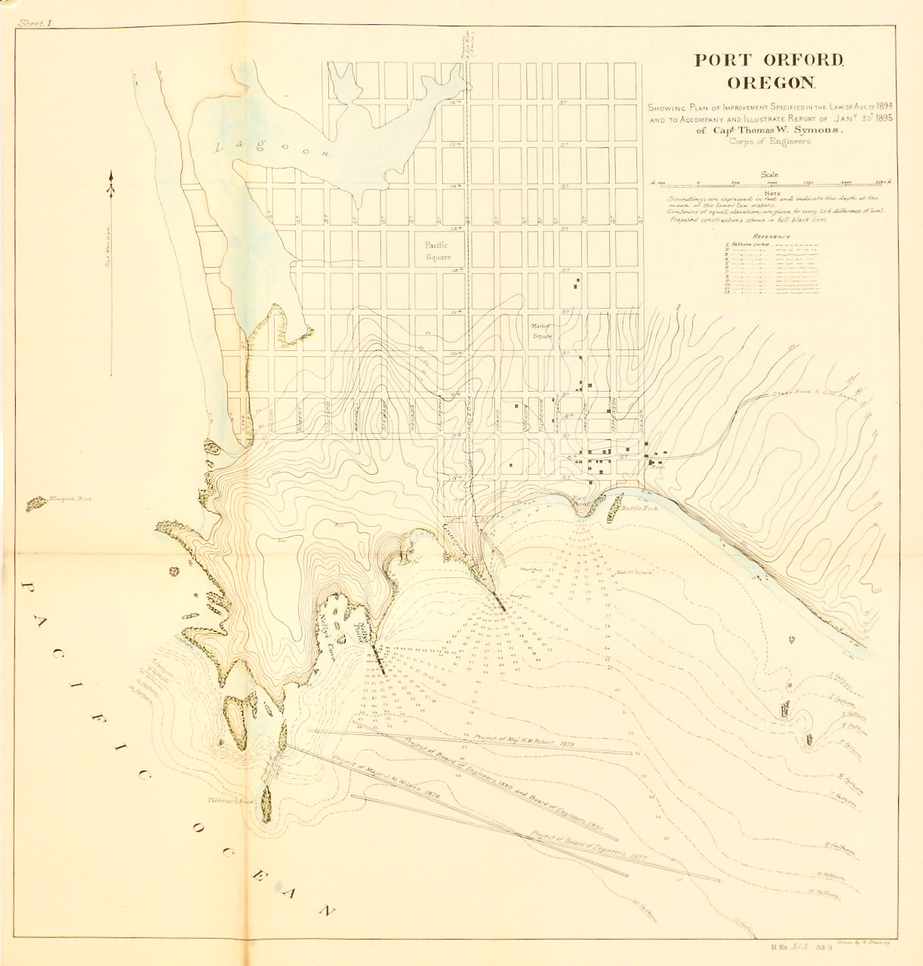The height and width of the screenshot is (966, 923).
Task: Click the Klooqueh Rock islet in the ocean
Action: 35,503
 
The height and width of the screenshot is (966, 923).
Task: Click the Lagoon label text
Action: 272,148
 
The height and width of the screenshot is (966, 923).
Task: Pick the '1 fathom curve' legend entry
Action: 750,246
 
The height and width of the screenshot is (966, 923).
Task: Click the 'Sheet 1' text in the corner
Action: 35,24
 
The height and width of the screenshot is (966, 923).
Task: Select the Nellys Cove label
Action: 332,641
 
